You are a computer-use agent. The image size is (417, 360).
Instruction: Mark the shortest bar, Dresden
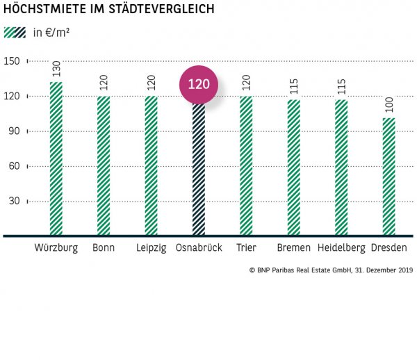click(389, 177)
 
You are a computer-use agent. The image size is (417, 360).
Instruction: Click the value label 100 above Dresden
click(389, 105)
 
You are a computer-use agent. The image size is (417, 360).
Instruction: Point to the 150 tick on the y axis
click(11, 60)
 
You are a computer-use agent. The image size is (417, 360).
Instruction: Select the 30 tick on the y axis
click(13, 202)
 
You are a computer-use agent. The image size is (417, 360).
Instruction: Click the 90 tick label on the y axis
click(13, 131)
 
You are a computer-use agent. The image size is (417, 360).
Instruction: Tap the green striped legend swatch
click(15, 32)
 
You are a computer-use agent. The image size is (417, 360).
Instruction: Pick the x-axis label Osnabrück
click(199, 248)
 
